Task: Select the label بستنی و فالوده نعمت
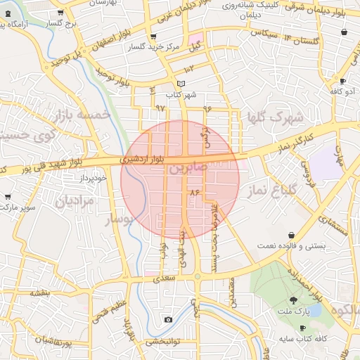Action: [x=292, y=244]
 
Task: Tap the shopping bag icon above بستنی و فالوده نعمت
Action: [x=291, y=235]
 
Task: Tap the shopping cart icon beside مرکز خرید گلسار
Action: [x=154, y=37]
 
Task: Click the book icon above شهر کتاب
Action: [x=181, y=84]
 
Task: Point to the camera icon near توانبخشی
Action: [x=167, y=320]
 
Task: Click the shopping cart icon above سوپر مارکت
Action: [x=8, y=197]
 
